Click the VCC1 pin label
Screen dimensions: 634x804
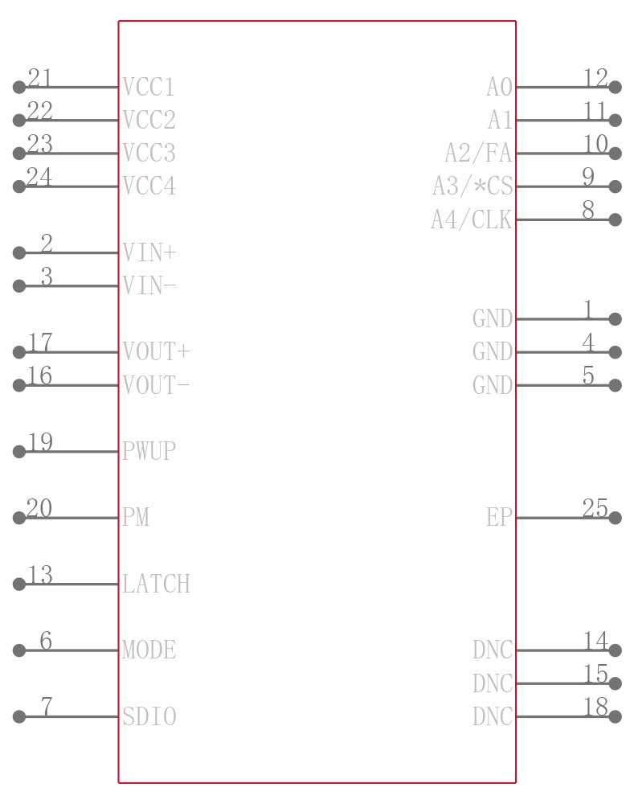(149, 87)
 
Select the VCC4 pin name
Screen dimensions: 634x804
(149, 187)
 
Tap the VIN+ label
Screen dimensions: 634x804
(149, 252)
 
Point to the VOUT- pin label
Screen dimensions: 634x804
(156, 385)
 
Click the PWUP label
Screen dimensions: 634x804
(149, 451)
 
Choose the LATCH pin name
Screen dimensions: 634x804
(156, 584)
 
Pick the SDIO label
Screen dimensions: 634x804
(149, 716)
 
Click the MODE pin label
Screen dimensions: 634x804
(149, 650)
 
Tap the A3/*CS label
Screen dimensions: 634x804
(472, 187)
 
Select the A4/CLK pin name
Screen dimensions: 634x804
(472, 219)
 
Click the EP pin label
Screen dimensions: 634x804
(499, 517)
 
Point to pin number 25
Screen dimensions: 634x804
(595, 507)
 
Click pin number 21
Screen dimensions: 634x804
(39, 78)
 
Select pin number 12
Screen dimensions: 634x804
(595, 78)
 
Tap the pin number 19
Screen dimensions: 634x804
(40, 442)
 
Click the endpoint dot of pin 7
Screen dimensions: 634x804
(19, 716)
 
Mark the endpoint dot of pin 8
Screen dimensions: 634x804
(615, 219)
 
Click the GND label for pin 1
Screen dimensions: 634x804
(492, 319)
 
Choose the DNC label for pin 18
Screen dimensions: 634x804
(492, 716)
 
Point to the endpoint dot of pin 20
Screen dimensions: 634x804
(19, 517)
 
